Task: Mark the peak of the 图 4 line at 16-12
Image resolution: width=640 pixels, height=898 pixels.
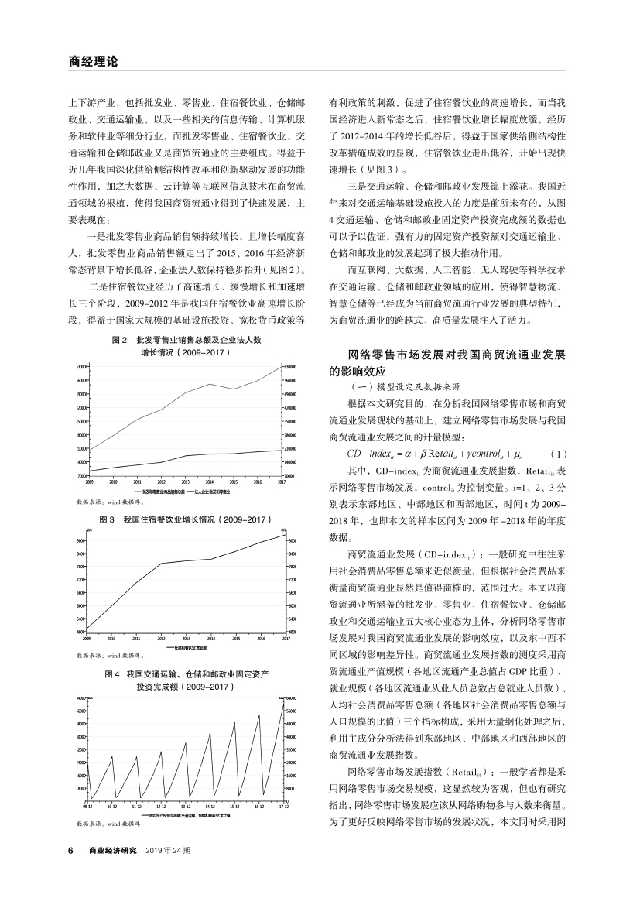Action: click(259, 715)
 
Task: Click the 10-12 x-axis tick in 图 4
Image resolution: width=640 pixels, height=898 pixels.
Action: click(111, 805)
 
